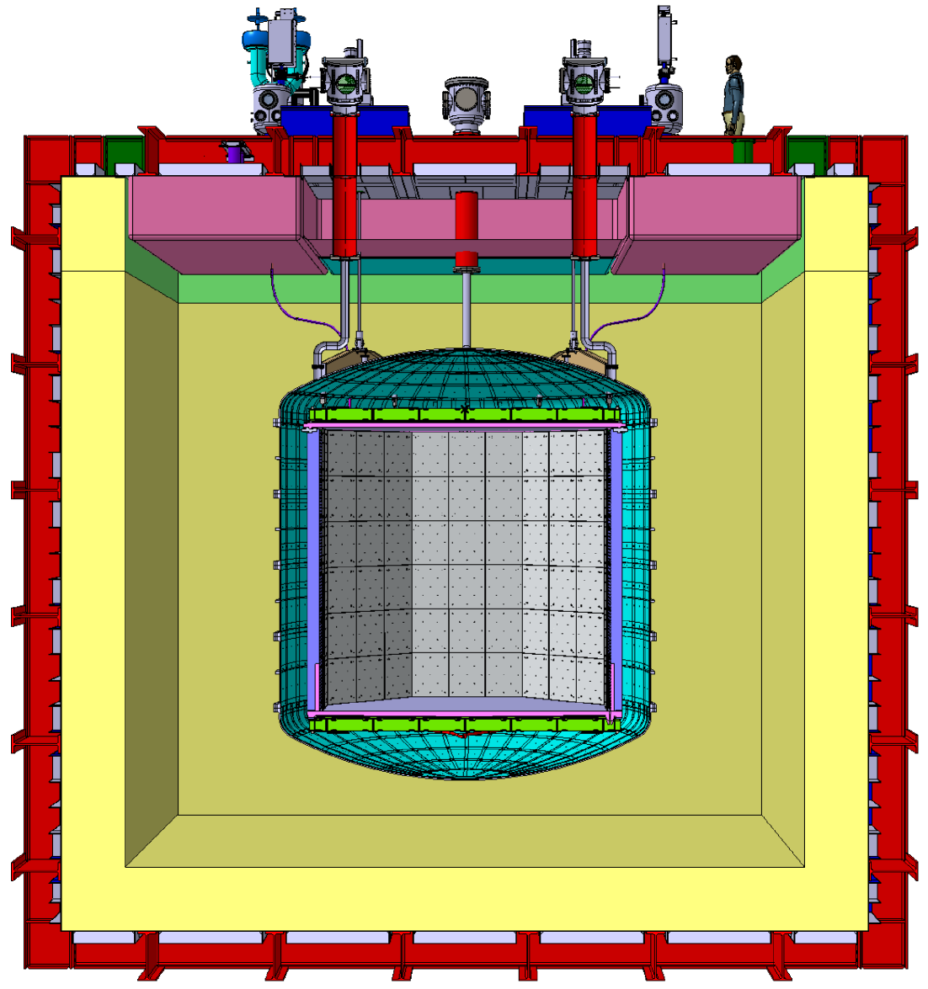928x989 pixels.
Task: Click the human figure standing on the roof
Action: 734,97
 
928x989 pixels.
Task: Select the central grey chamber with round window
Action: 466,102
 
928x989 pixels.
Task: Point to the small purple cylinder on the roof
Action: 234,153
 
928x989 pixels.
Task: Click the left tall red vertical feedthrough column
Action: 345,185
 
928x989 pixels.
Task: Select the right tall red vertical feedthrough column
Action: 584,185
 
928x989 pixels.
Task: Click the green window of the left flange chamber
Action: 345,83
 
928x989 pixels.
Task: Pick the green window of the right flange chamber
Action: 584,83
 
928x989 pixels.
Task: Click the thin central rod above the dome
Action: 466,307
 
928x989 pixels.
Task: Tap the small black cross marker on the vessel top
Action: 464,410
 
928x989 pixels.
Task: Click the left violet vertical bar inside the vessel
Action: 313,564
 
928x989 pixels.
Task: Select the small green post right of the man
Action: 741,152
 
